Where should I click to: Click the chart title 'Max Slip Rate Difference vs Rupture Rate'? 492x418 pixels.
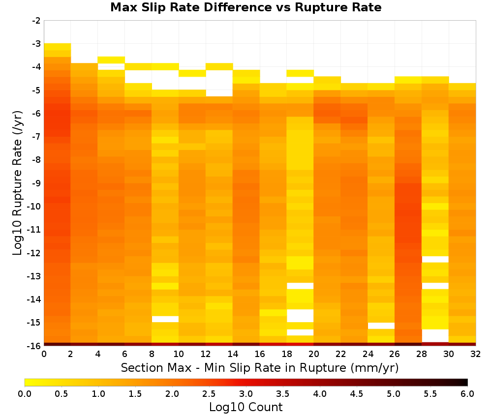[x=246, y=7]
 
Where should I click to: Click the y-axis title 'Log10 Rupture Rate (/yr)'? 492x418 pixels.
[x=18, y=183]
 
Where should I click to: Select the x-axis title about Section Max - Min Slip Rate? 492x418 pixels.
[x=259, y=367]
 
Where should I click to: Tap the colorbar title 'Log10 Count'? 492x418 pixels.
[x=246, y=407]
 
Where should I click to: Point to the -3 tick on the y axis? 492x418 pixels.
[x=36, y=44]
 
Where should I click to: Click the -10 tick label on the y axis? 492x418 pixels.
[x=34, y=207]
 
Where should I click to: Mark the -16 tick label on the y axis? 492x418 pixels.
[x=34, y=346]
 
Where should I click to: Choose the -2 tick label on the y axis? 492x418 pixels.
[x=36, y=21]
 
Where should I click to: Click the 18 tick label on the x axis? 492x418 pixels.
[x=286, y=354]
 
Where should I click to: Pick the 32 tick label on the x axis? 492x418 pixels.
[x=475, y=354]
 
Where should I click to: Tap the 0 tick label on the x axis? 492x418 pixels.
[x=44, y=354]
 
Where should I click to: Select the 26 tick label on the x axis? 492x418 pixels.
[x=395, y=354]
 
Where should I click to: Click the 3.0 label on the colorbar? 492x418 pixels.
[x=246, y=393]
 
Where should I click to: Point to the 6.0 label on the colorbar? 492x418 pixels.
[x=467, y=393]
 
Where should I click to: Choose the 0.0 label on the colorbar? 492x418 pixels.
[x=25, y=393]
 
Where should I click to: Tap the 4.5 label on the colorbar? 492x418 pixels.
[x=357, y=393]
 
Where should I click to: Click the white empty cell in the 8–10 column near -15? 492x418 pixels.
[x=165, y=319]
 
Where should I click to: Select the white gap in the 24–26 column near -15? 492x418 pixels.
[x=381, y=326]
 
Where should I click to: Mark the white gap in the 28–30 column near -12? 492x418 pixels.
[x=435, y=259]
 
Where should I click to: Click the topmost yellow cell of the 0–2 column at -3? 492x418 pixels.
[x=58, y=47]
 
